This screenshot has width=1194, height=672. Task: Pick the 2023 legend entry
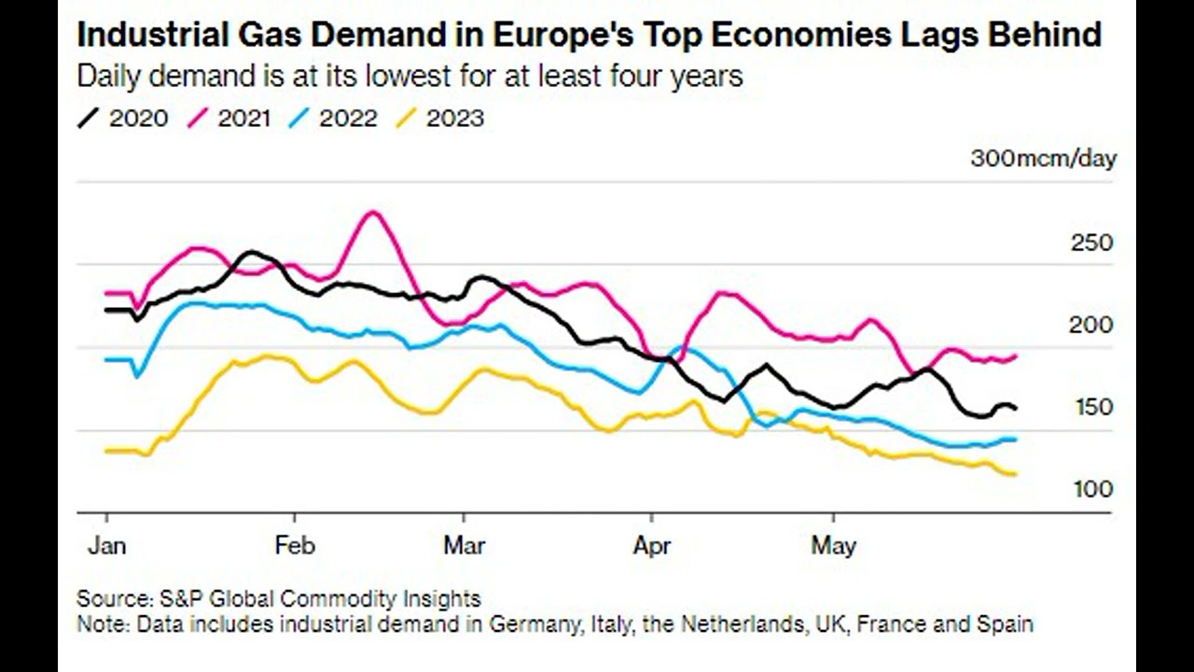pos(440,119)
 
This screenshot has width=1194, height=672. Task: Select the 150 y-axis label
pos(1093,407)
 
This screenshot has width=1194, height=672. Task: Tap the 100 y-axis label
pos(1093,489)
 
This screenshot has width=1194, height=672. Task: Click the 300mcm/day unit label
pos(1043,159)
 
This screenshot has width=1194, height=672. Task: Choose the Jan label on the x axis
pos(106,546)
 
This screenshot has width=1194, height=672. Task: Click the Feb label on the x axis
pos(295,546)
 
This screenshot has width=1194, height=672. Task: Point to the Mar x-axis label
pos(464,546)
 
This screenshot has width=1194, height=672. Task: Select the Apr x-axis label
pos(650,546)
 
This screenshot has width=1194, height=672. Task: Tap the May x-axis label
pos(833,546)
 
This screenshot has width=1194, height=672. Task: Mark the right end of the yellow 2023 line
pos(1014,474)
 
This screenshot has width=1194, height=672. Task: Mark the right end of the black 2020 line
pos(1015,408)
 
